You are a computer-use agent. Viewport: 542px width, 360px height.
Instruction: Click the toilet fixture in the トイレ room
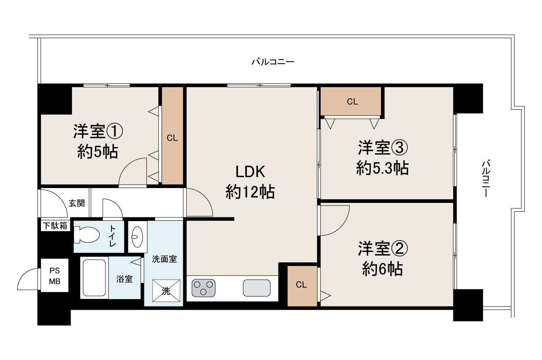[86, 235]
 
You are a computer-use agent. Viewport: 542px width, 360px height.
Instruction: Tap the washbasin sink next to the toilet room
[138, 236]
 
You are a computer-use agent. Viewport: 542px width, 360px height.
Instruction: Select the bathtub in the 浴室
[94, 277]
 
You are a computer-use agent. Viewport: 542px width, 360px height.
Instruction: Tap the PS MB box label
[54, 276]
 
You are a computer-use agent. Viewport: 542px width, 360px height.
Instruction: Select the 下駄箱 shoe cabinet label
[55, 226]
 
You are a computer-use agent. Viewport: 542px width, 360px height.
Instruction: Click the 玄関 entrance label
[77, 203]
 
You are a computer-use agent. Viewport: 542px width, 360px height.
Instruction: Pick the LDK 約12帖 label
[250, 183]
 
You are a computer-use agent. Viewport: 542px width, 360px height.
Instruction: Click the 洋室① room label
[98, 132]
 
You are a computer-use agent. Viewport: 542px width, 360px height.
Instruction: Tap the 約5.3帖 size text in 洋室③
[382, 169]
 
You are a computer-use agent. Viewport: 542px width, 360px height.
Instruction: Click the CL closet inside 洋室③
[352, 102]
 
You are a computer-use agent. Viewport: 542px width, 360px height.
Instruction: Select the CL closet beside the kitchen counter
[301, 285]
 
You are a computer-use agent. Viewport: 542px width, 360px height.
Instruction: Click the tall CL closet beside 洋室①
[172, 138]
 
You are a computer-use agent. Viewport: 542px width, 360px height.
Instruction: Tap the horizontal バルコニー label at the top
[273, 62]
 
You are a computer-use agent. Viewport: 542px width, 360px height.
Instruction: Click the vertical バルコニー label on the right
[486, 178]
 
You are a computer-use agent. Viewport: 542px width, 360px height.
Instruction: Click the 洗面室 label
[164, 259]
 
